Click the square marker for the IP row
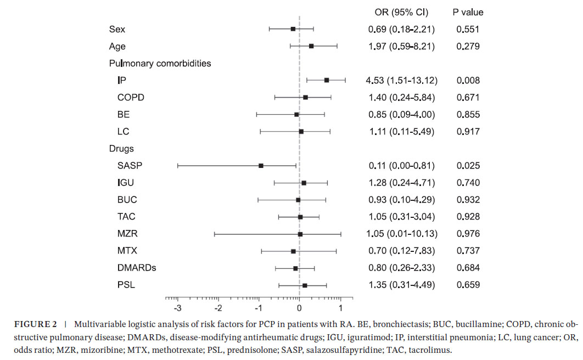click(327, 80)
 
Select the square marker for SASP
click(261, 165)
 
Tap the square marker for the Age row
click(311, 46)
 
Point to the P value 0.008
click(468, 80)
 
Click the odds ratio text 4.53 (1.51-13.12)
click(401, 80)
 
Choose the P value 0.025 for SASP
click(468, 165)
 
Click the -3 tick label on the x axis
click(177, 306)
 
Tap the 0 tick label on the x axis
click(299, 306)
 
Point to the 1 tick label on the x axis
click(341, 306)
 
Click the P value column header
click(468, 12)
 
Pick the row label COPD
click(131, 97)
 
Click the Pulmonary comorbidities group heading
click(160, 63)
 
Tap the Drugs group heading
click(121, 148)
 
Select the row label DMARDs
click(137, 268)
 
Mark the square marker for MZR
click(300, 234)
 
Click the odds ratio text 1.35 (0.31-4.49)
click(401, 285)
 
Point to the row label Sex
click(117, 29)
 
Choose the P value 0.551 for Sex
click(468, 29)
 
